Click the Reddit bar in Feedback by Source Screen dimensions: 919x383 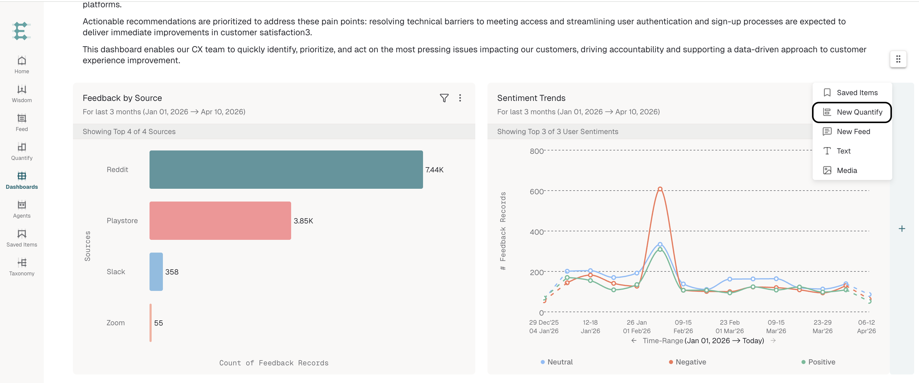pos(286,170)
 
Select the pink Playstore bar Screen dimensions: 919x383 pos(220,221)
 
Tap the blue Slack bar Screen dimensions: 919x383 pos(156,272)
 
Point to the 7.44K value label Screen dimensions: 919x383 pos(435,170)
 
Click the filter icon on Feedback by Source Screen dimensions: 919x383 pos(444,98)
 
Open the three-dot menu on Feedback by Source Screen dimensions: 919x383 pos(460,98)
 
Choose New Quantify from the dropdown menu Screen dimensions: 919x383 pos(852,112)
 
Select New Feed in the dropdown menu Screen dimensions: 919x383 pos(852,131)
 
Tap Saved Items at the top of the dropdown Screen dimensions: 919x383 pos(852,93)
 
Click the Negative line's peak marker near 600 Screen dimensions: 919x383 pos(660,189)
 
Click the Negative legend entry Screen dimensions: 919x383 pos(687,362)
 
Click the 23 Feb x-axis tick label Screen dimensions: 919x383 pos(730,322)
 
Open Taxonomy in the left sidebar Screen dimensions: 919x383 pos(22,267)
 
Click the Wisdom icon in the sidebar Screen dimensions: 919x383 pos(22,89)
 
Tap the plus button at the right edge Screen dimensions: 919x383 pos(902,229)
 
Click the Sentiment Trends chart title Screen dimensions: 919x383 pos(531,98)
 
